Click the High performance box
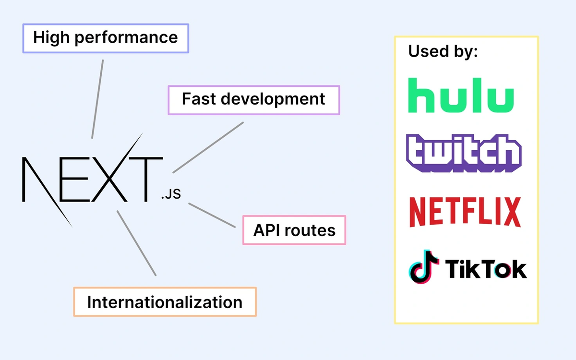[106, 38]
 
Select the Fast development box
[253, 100]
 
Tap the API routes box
[294, 230]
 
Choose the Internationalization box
[165, 302]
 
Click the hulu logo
[460, 95]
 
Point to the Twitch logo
[463, 153]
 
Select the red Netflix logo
[465, 212]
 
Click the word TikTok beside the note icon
[486, 269]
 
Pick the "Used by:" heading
[443, 51]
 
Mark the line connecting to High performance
[97, 99]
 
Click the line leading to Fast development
[208, 147]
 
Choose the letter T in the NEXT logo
[145, 179]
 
